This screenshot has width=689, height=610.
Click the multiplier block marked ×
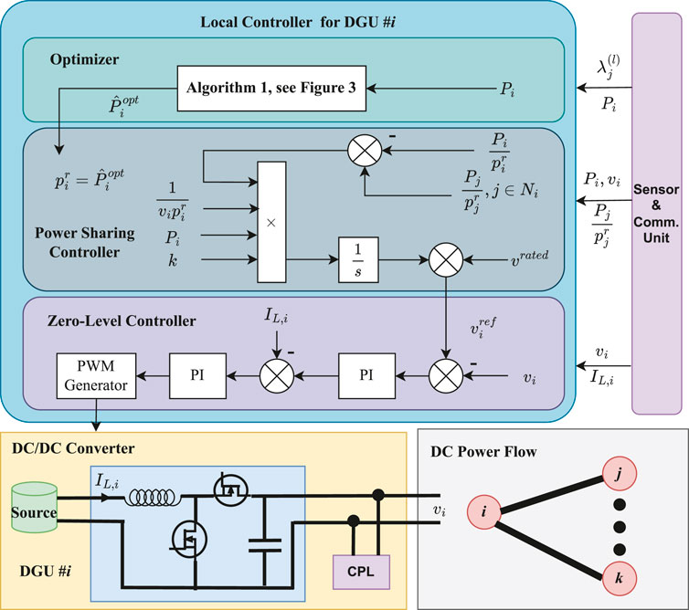271,222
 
